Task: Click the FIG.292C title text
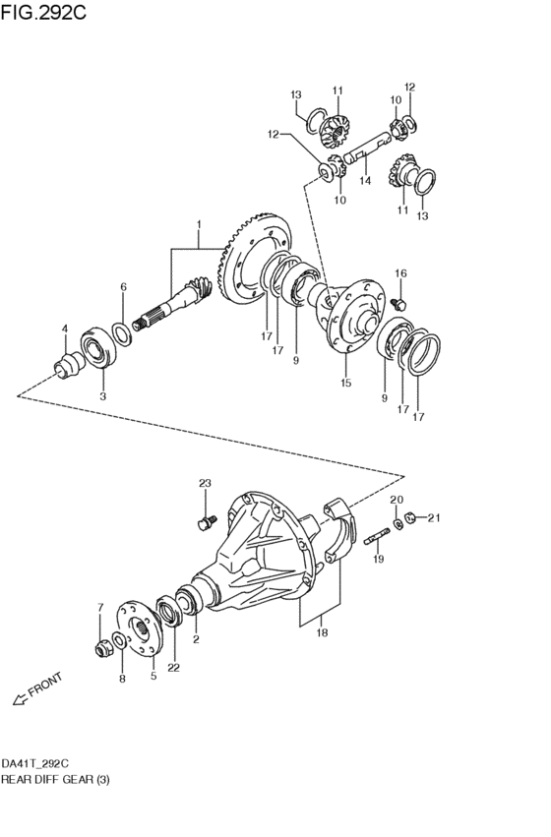43,12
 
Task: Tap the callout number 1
199,223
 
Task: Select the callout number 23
205,483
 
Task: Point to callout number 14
365,180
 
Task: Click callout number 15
346,383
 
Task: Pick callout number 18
322,632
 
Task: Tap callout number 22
173,667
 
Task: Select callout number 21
434,517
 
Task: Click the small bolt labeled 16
398,305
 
